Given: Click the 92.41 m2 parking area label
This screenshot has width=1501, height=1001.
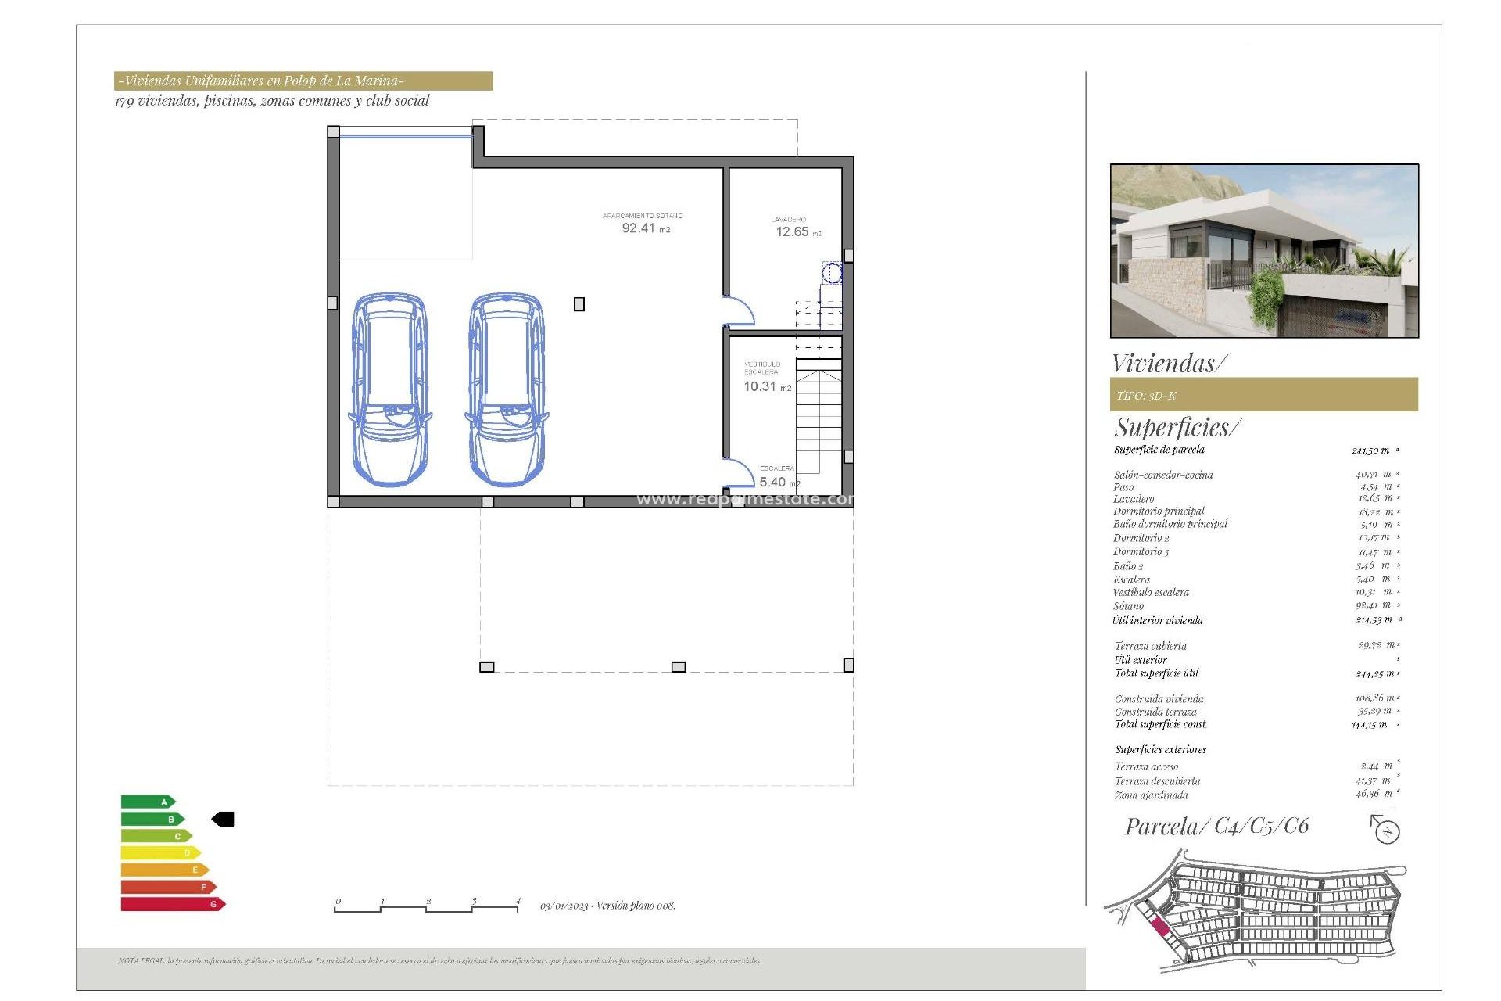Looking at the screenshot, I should [x=645, y=228].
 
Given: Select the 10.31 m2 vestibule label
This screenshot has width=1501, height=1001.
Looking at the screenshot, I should [x=766, y=386].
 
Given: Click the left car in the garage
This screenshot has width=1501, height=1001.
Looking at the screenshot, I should [x=389, y=389].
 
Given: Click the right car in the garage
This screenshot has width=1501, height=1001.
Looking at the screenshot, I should [x=507, y=389].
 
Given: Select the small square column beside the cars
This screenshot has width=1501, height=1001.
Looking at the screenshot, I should [x=579, y=304].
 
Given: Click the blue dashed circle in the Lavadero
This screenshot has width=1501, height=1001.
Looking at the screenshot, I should [x=832, y=273].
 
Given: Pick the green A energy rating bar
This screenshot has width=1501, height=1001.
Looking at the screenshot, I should [x=147, y=802].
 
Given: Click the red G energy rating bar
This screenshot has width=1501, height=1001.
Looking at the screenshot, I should [x=172, y=904].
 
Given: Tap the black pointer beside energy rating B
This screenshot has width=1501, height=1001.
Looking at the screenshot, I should [x=224, y=819].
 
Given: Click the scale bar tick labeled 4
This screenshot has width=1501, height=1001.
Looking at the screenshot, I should [x=518, y=902].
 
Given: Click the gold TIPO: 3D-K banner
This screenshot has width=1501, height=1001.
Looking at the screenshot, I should [x=1263, y=395].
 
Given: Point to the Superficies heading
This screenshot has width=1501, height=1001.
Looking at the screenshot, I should [x=1177, y=427].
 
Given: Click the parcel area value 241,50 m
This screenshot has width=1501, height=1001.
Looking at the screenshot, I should [x=1372, y=450].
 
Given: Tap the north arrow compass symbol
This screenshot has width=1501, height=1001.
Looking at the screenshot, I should [x=1386, y=829].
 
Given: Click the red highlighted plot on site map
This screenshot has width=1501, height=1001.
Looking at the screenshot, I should [x=1160, y=927].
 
